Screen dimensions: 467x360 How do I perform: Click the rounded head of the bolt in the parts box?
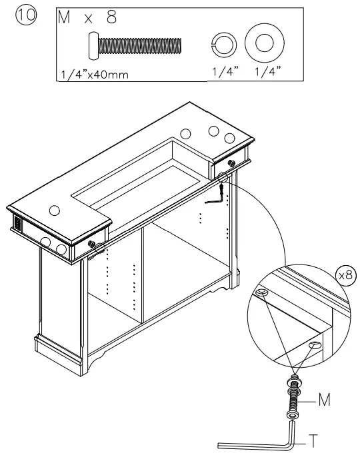(x=93, y=45)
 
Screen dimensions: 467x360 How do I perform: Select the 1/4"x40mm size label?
(x=93, y=74)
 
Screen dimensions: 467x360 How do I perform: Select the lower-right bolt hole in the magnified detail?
(x=315, y=344)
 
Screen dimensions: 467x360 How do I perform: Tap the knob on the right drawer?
(x=230, y=162)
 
